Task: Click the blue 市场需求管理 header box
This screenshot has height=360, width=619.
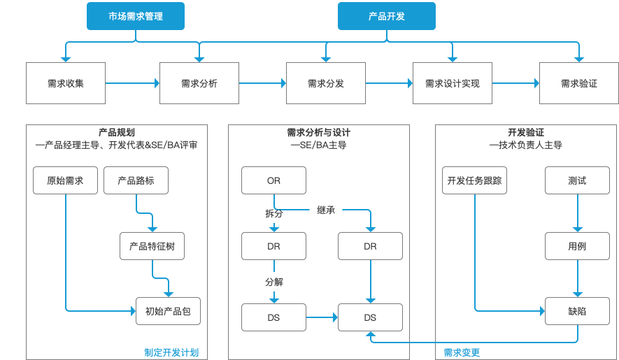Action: pos(136,16)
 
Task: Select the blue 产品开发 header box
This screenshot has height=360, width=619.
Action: pos(387,16)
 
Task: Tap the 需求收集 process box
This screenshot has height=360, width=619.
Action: pos(66,83)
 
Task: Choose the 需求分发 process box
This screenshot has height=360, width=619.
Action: pos(326,83)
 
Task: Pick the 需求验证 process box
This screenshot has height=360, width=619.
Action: pos(578,83)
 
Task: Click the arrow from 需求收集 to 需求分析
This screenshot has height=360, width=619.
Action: pos(132,83)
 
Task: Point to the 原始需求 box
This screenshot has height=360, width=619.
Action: pos(65,180)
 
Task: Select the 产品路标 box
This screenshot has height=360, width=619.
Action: pos(136,180)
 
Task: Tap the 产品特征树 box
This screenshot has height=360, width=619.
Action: pos(152,246)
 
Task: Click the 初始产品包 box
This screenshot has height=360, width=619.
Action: pos(168,311)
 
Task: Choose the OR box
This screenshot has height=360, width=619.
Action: pos(273,180)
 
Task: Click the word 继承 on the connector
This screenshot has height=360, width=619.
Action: pos(326,210)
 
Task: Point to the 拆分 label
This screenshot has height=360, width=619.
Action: pos(274,213)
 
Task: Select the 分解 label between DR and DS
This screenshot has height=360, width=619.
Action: pos(274,282)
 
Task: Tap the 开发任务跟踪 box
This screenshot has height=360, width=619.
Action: pos(474,180)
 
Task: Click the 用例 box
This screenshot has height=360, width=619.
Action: pos(577,246)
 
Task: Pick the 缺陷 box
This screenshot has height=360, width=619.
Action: pos(577,311)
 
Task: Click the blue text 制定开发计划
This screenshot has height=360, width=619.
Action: pos(171,352)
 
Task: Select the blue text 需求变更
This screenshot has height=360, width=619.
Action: pos(462,352)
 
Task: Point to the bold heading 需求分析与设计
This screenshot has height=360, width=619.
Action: pos(318,132)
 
